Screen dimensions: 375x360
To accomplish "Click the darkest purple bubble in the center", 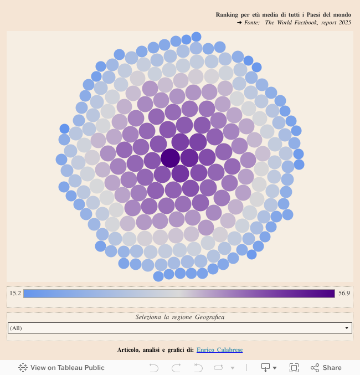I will tap(170, 158).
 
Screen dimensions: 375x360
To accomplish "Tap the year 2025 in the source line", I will tap(344, 22).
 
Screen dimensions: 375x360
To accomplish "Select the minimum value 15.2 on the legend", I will tap(15, 293).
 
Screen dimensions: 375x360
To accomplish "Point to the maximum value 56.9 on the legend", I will tap(344, 293).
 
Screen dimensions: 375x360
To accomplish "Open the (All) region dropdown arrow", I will tap(347, 328).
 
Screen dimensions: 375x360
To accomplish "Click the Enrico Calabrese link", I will tap(219, 350).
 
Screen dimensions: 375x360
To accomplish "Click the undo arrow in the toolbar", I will tap(154, 367).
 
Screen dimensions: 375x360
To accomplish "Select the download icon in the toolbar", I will tap(265, 367).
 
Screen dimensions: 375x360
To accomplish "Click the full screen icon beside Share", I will tap(294, 367).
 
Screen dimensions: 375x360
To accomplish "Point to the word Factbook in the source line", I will tap(307, 22).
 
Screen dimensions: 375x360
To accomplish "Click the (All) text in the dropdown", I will tap(16, 328).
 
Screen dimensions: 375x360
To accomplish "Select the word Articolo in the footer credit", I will tap(129, 350).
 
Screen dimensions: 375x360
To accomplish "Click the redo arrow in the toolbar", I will tap(176, 367).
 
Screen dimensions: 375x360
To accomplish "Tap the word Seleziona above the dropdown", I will tap(148, 317).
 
